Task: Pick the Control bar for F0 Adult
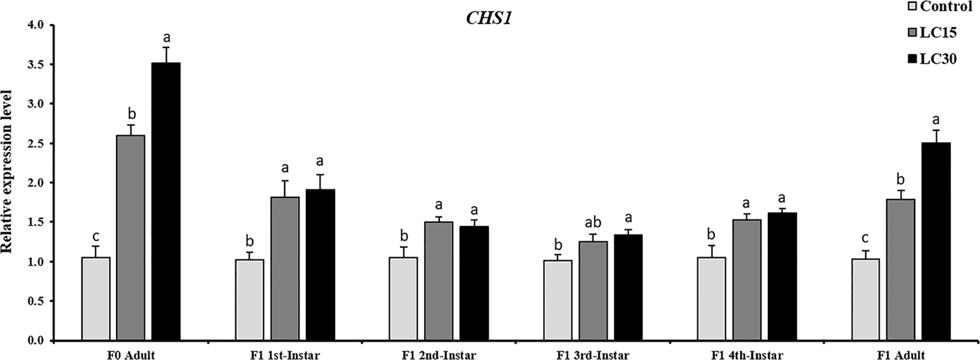(x=95, y=298)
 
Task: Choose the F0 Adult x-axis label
(x=131, y=355)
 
